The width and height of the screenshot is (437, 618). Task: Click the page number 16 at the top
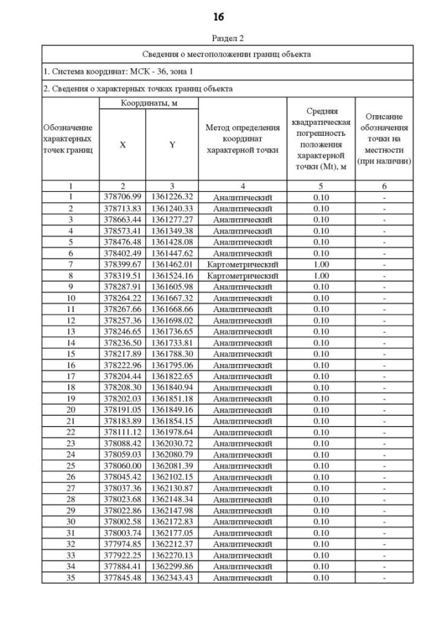point(218,16)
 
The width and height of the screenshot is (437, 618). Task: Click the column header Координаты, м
point(148,102)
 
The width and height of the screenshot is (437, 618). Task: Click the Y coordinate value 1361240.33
point(172,208)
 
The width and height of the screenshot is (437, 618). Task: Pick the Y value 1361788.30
point(172,354)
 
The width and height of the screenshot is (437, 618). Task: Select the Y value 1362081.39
point(172,466)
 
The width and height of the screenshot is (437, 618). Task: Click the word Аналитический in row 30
point(242,522)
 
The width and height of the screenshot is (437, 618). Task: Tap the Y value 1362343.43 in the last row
point(172,578)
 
